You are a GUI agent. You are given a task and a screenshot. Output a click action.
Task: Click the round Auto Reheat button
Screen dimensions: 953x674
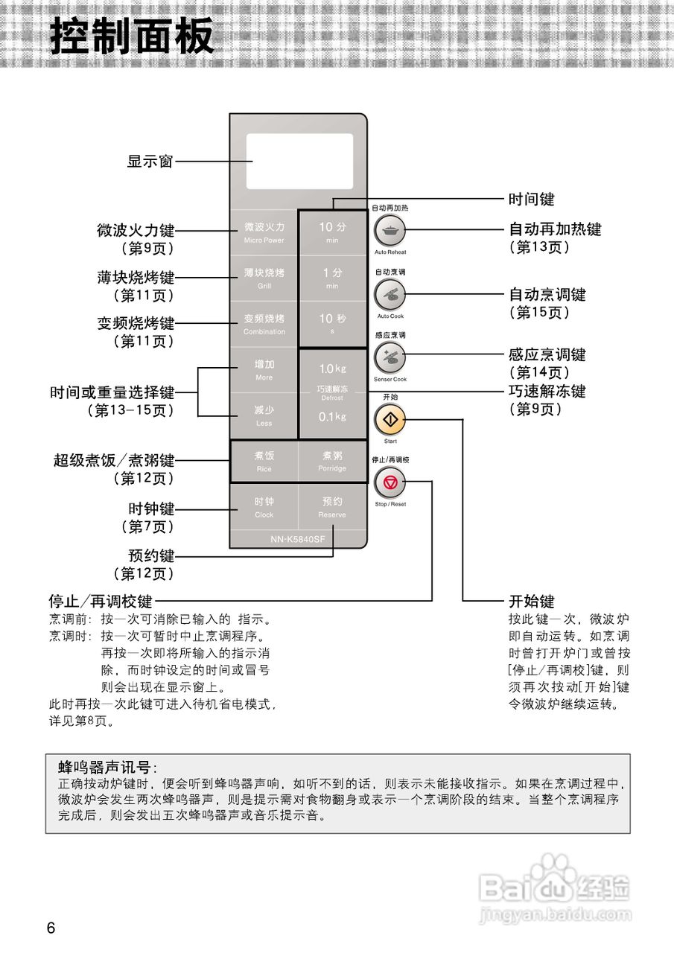point(390,232)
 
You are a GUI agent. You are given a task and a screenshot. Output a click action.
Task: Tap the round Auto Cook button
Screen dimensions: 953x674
point(390,296)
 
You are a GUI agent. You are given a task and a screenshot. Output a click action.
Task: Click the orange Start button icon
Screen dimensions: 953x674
point(390,421)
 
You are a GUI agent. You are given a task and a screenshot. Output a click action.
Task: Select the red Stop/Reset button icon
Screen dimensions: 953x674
point(390,485)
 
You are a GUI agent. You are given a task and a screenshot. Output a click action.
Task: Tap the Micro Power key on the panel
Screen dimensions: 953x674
point(264,232)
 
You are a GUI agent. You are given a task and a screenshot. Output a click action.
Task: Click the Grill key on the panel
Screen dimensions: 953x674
point(264,278)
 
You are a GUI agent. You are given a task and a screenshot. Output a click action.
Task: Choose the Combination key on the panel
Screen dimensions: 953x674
point(264,324)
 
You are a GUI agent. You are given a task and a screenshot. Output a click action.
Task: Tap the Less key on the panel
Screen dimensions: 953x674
point(264,415)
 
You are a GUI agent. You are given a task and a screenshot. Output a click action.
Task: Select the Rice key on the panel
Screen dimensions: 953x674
point(264,461)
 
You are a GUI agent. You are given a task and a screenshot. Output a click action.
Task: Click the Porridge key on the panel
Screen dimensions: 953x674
point(332,461)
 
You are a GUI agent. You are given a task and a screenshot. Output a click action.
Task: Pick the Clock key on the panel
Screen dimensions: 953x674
point(264,507)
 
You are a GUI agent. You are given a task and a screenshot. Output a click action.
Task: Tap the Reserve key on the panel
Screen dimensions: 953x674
point(332,507)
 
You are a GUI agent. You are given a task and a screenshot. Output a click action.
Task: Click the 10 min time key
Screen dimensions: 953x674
point(332,232)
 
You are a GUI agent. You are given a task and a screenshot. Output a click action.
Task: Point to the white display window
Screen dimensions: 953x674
point(300,161)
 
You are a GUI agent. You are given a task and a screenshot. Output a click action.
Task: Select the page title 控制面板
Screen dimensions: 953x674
point(133,36)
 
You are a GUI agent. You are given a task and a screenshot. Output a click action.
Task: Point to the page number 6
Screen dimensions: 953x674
point(51,928)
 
